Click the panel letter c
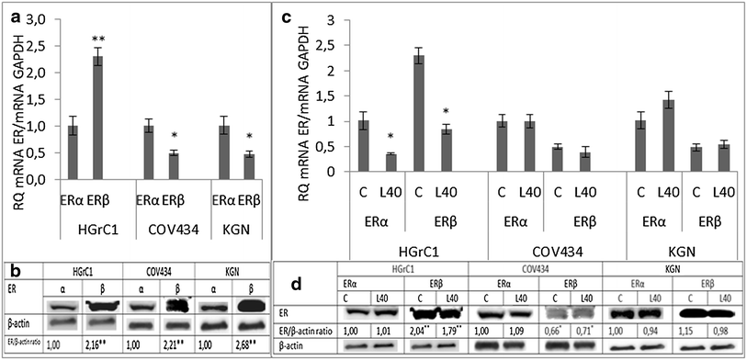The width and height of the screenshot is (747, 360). coord(287,16)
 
